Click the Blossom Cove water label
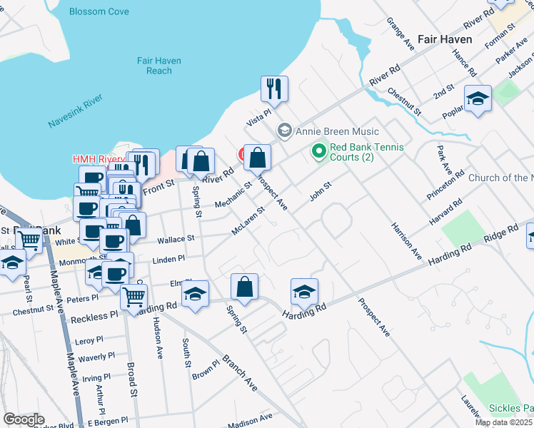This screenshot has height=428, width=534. [x=98, y=11]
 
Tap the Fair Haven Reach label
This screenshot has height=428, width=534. [x=155, y=66]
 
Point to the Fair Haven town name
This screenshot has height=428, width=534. [x=445, y=39]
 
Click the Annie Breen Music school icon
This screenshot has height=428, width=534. [x=284, y=131]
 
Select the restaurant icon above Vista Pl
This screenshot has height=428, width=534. [x=274, y=89]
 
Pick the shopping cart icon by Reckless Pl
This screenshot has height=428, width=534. [x=134, y=295]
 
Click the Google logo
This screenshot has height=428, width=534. [x=24, y=419]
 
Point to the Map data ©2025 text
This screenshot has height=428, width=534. [x=504, y=422]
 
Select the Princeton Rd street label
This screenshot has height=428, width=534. [x=446, y=185]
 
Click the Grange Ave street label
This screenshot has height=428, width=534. [x=400, y=34]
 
